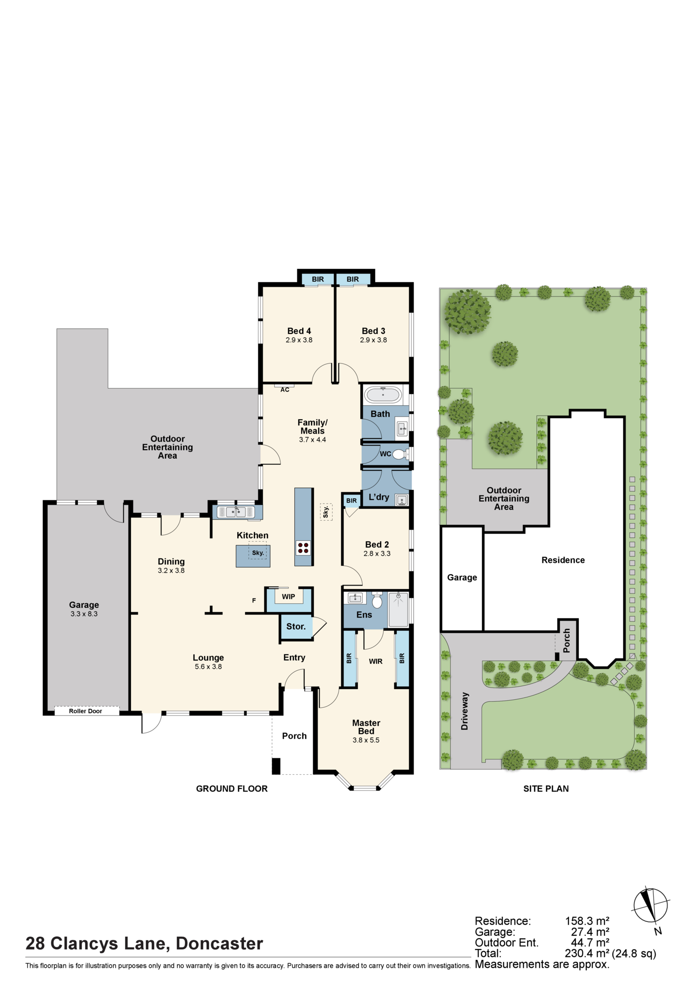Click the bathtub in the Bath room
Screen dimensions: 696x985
[x=382, y=394]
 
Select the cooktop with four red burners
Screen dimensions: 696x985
[x=303, y=548]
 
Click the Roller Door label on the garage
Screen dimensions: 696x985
[x=86, y=711]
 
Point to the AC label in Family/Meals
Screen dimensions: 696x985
[x=285, y=390]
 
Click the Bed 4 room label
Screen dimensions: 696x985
[x=299, y=331]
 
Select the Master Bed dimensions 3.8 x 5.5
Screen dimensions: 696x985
[x=366, y=740]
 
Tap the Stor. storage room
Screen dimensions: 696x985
[x=296, y=626]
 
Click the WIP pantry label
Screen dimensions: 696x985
[x=288, y=596]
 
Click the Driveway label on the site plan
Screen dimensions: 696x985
[x=465, y=711]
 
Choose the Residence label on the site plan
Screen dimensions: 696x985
[x=563, y=560]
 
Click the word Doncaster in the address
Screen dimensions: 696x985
[x=220, y=943]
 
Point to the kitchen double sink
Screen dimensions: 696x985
[x=236, y=512]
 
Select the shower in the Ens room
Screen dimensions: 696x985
[x=398, y=609]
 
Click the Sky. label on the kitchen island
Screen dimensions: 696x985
[x=258, y=553]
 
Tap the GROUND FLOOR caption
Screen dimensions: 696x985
[x=232, y=788]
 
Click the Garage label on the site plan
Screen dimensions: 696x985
[x=462, y=577]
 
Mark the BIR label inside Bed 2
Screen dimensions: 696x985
[x=351, y=501]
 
